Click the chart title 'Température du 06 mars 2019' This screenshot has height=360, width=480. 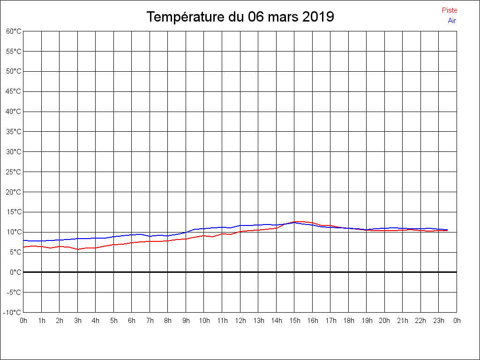click(240, 17)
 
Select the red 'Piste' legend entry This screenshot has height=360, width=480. click(450, 10)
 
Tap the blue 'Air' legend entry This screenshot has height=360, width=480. click(452, 21)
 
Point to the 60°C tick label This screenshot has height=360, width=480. click(14, 31)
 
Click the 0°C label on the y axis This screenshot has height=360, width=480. click(15, 272)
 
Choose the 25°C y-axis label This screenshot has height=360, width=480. click(14, 172)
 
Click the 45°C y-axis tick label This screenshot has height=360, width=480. click(14, 91)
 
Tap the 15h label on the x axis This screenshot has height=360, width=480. click(294, 321)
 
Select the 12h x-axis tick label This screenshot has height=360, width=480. click(240, 321)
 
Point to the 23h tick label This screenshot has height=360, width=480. click(439, 321)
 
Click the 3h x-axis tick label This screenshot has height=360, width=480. click(78, 321)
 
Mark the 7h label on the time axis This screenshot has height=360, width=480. click(150, 321)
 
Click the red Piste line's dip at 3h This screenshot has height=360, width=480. click(78, 249)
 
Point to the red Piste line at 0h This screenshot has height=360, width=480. click(24, 247)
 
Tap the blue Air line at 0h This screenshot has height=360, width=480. click(24, 240)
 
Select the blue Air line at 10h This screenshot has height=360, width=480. click(204, 228)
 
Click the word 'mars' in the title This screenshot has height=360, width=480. click(283, 17)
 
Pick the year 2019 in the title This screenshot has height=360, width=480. click(318, 17)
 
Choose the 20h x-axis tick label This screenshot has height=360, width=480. click(384, 321)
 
